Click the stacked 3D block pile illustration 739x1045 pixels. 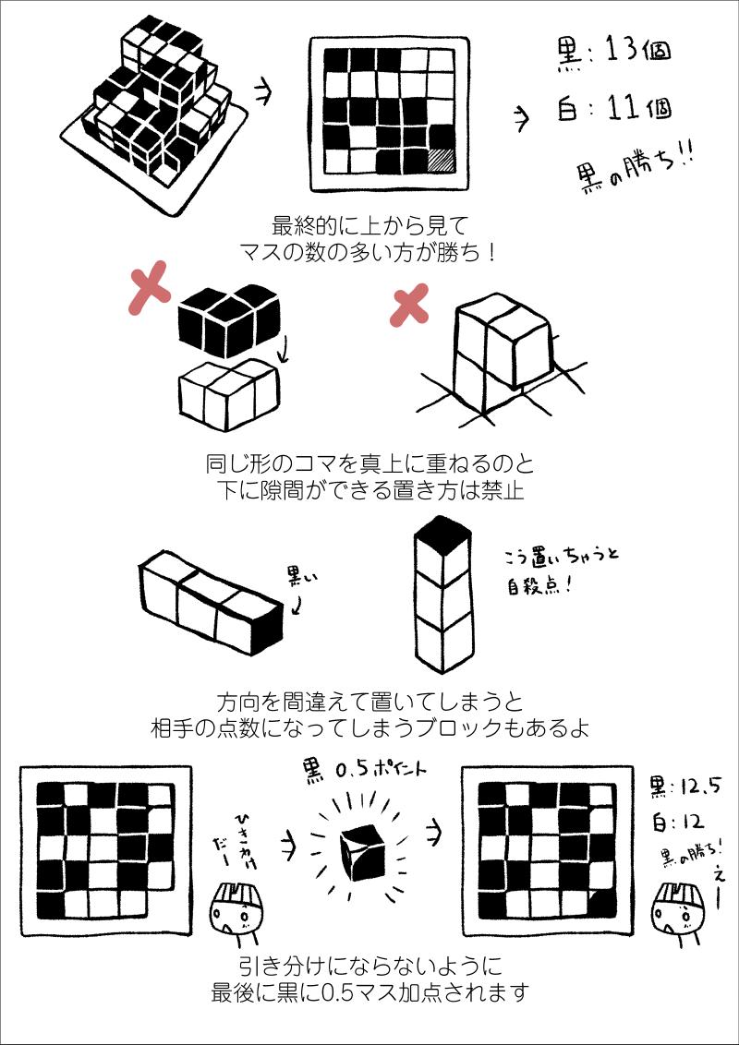tap(155, 114)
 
